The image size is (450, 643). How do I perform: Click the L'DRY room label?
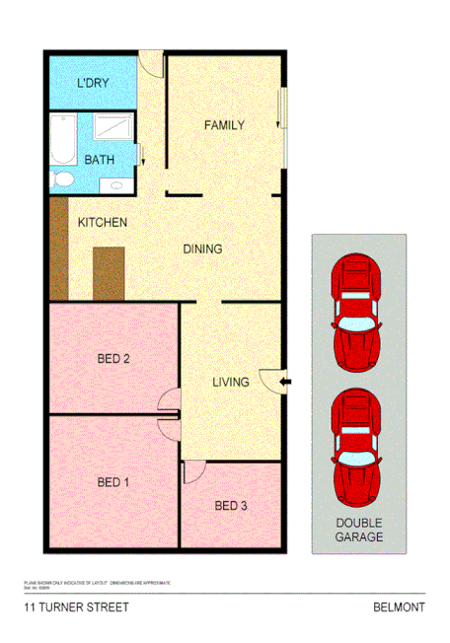(x=93, y=83)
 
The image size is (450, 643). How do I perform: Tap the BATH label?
(x=99, y=159)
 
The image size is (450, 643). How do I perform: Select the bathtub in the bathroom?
(x=63, y=140)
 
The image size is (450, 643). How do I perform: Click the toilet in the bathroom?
(x=63, y=179)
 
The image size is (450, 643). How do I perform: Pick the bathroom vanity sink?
(x=117, y=184)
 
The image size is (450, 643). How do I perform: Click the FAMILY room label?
(x=224, y=125)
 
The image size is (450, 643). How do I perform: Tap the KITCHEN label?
(x=103, y=223)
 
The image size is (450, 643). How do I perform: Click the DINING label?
(x=202, y=249)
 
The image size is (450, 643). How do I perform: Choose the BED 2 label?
(x=113, y=358)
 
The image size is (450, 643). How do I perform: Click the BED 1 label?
(x=113, y=482)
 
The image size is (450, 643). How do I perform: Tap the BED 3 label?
(x=232, y=507)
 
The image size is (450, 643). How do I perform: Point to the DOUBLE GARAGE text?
(x=358, y=531)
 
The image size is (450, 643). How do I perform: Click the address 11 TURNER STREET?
(x=76, y=608)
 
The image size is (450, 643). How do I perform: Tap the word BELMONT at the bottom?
(x=400, y=608)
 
